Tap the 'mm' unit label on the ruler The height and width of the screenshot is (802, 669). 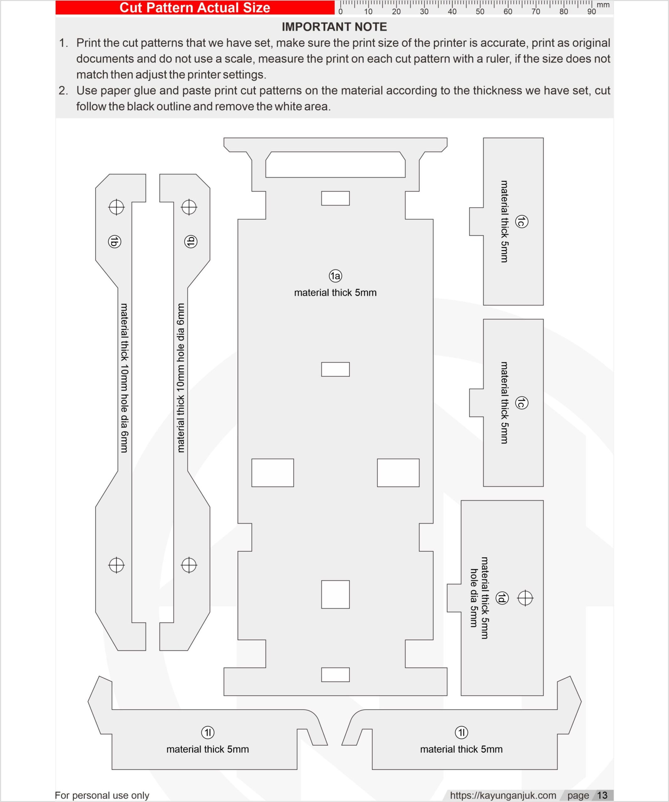tap(603, 5)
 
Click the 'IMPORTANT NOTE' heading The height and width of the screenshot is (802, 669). tap(334, 27)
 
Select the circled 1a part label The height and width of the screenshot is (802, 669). tap(335, 276)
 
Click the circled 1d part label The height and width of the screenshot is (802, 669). tap(502, 598)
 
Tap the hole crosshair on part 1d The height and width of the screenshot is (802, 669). tap(525, 598)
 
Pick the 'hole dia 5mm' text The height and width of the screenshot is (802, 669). tap(474, 598)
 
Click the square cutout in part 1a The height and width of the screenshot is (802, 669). tap(335, 594)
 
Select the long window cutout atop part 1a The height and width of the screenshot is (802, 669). tap(335, 164)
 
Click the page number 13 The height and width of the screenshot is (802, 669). tap(602, 795)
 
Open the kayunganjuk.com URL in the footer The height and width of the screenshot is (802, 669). tap(503, 795)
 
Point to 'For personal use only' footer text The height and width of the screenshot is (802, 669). tap(102, 795)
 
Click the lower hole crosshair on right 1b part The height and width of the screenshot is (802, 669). tap(189, 565)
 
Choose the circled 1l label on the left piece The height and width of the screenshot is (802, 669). tap(208, 732)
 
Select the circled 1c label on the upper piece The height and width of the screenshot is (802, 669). tap(522, 221)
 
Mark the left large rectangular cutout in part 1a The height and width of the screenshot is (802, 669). tap(272, 473)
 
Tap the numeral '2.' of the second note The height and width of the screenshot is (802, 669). tap(63, 91)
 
